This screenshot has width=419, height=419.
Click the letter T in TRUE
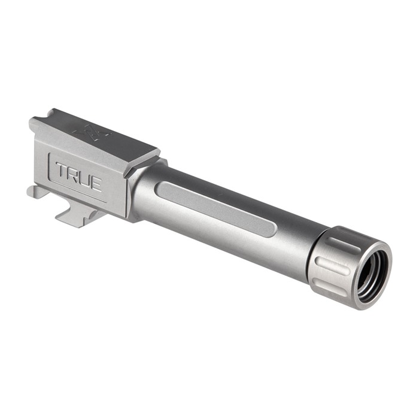point(62,170)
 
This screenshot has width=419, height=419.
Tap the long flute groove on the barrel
point(215,208)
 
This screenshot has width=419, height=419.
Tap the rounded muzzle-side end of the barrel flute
point(271,229)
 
